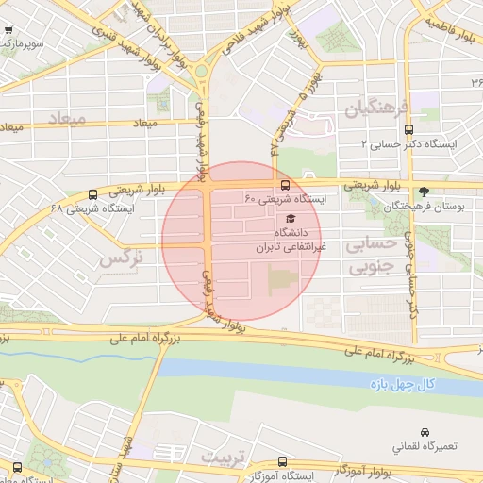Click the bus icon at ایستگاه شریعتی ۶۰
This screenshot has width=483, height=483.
[x=285, y=185]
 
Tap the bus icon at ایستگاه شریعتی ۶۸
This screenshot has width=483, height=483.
[x=92, y=194]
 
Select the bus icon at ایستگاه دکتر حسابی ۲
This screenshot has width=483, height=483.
[x=408, y=130]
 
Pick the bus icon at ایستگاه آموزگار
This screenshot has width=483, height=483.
[x=282, y=462]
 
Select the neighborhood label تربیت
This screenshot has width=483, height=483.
[x=222, y=456]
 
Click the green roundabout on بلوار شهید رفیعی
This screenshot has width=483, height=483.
[x=201, y=72]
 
